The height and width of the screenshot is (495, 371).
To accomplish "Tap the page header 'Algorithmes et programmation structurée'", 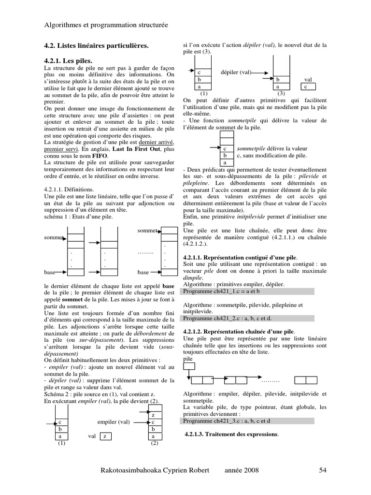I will [x=106, y=25].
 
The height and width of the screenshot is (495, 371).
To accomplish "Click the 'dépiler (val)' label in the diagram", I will [x=235, y=72].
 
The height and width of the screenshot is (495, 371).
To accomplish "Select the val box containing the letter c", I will [x=305, y=87].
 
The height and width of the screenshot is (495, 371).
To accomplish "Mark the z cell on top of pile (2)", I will [x=153, y=415].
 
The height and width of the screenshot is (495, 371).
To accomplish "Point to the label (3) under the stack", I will [x=281, y=93].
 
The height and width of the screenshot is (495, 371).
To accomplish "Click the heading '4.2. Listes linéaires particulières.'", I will [x=97, y=45].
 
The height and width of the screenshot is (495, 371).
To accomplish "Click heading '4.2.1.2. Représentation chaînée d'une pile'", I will [x=238, y=332].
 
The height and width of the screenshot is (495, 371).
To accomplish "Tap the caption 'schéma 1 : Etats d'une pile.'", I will [x=78, y=217].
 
